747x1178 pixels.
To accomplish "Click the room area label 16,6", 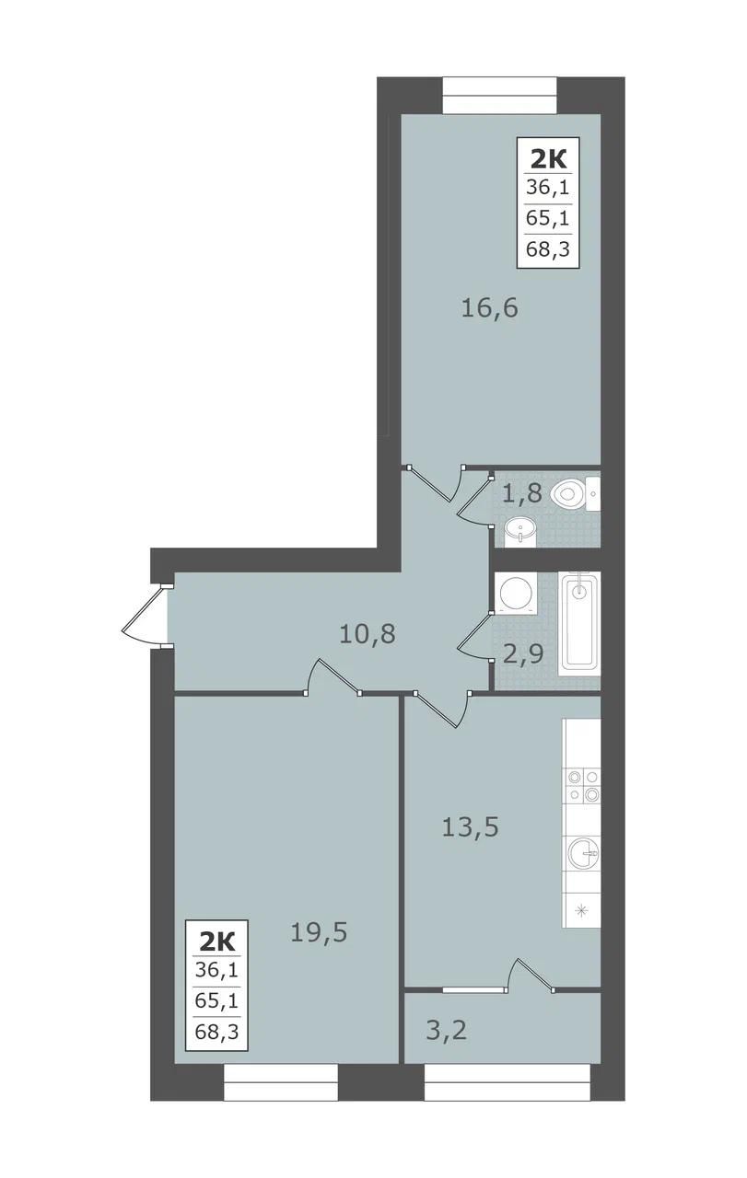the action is click(x=489, y=307).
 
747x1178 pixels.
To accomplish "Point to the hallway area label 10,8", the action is click(x=367, y=634).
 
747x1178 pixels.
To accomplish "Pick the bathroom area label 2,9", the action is click(x=523, y=654).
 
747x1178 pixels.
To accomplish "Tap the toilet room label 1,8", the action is click(x=521, y=494).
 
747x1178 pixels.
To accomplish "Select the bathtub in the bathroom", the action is click(x=578, y=623).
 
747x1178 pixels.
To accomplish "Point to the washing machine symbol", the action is click(x=516, y=594).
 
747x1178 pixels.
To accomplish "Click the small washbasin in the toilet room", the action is click(x=520, y=532).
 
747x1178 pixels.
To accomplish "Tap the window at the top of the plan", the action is click(x=499, y=95).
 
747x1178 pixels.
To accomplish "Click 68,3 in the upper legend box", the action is click(x=548, y=248).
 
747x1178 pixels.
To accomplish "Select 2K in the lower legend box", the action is click(x=216, y=942).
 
